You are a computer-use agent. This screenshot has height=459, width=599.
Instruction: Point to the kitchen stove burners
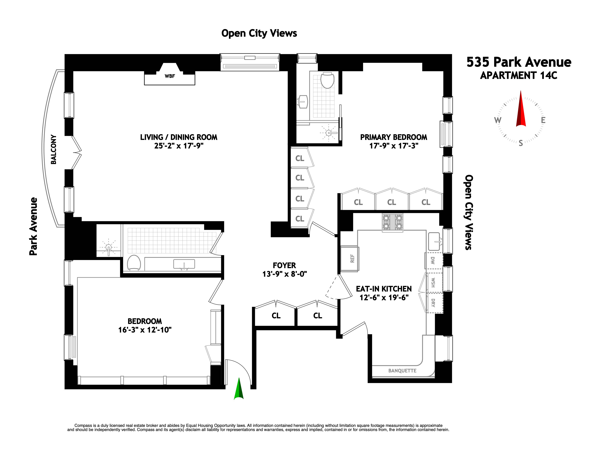(392, 222)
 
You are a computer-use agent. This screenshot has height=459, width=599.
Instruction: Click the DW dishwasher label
(433, 260)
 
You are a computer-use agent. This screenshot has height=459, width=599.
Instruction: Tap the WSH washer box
(433, 282)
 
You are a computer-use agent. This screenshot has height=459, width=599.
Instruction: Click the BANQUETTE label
(402, 371)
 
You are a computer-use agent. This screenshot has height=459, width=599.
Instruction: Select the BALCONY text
(54, 149)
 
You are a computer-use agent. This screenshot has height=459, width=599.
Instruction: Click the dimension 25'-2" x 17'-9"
(179, 146)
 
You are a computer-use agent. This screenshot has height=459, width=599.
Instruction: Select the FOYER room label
(284, 265)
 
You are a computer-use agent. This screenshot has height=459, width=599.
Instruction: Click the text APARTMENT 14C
(518, 75)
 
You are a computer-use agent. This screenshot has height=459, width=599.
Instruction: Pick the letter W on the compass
(498, 120)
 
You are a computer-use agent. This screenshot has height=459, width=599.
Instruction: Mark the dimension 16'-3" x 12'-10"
(145, 330)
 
